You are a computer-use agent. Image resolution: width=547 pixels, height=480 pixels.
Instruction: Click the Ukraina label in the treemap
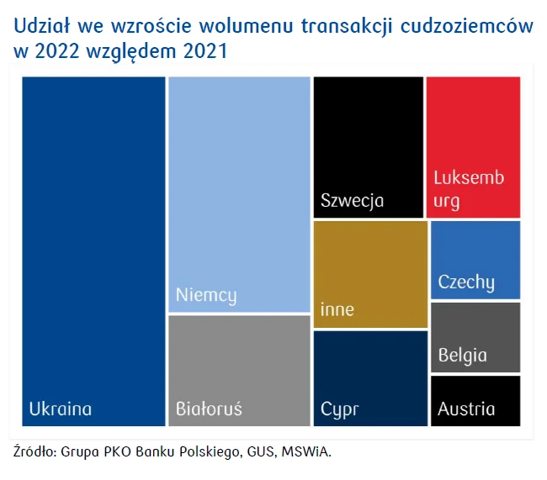60,409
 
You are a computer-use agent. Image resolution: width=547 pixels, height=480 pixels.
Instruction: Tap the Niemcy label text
205,296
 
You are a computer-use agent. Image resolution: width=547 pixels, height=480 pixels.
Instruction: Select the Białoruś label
209,409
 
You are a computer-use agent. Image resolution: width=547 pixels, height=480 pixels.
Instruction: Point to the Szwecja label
352,201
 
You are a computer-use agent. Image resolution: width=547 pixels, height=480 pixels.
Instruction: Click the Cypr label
339,409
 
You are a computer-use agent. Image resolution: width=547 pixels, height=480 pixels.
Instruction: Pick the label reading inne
337,309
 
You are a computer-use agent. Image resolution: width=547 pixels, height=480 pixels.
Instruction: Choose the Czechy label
466,282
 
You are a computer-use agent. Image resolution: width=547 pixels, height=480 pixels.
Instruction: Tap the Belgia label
462,355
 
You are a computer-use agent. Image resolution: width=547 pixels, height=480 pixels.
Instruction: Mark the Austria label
466,409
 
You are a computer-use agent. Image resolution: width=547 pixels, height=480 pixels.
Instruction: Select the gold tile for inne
370,261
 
